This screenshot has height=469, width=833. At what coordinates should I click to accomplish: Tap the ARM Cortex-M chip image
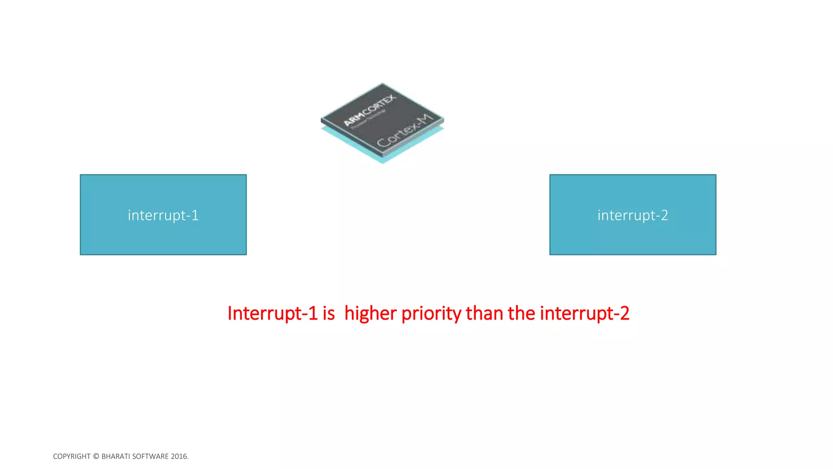click(x=382, y=122)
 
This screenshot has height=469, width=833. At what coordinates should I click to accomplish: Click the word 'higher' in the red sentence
click(x=371, y=313)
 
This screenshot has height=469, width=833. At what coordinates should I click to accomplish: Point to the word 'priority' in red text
click(x=431, y=313)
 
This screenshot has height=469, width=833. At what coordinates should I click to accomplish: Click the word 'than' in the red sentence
click(x=484, y=313)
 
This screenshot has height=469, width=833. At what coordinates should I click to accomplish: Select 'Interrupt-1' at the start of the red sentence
click(x=272, y=313)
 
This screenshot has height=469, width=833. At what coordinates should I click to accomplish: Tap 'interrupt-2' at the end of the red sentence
click(x=584, y=313)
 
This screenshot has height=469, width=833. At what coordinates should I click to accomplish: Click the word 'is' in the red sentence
click(x=329, y=313)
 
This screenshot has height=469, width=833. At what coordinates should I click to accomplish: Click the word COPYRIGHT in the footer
click(x=72, y=456)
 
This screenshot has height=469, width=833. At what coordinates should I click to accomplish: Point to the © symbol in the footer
click(x=96, y=456)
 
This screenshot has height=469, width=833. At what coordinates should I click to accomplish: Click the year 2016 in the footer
click(x=179, y=456)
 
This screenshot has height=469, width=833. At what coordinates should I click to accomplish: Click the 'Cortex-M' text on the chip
click(x=405, y=131)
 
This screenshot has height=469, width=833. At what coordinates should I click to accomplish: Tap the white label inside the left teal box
click(x=163, y=215)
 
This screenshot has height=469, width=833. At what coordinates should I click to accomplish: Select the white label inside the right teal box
click(x=632, y=215)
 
